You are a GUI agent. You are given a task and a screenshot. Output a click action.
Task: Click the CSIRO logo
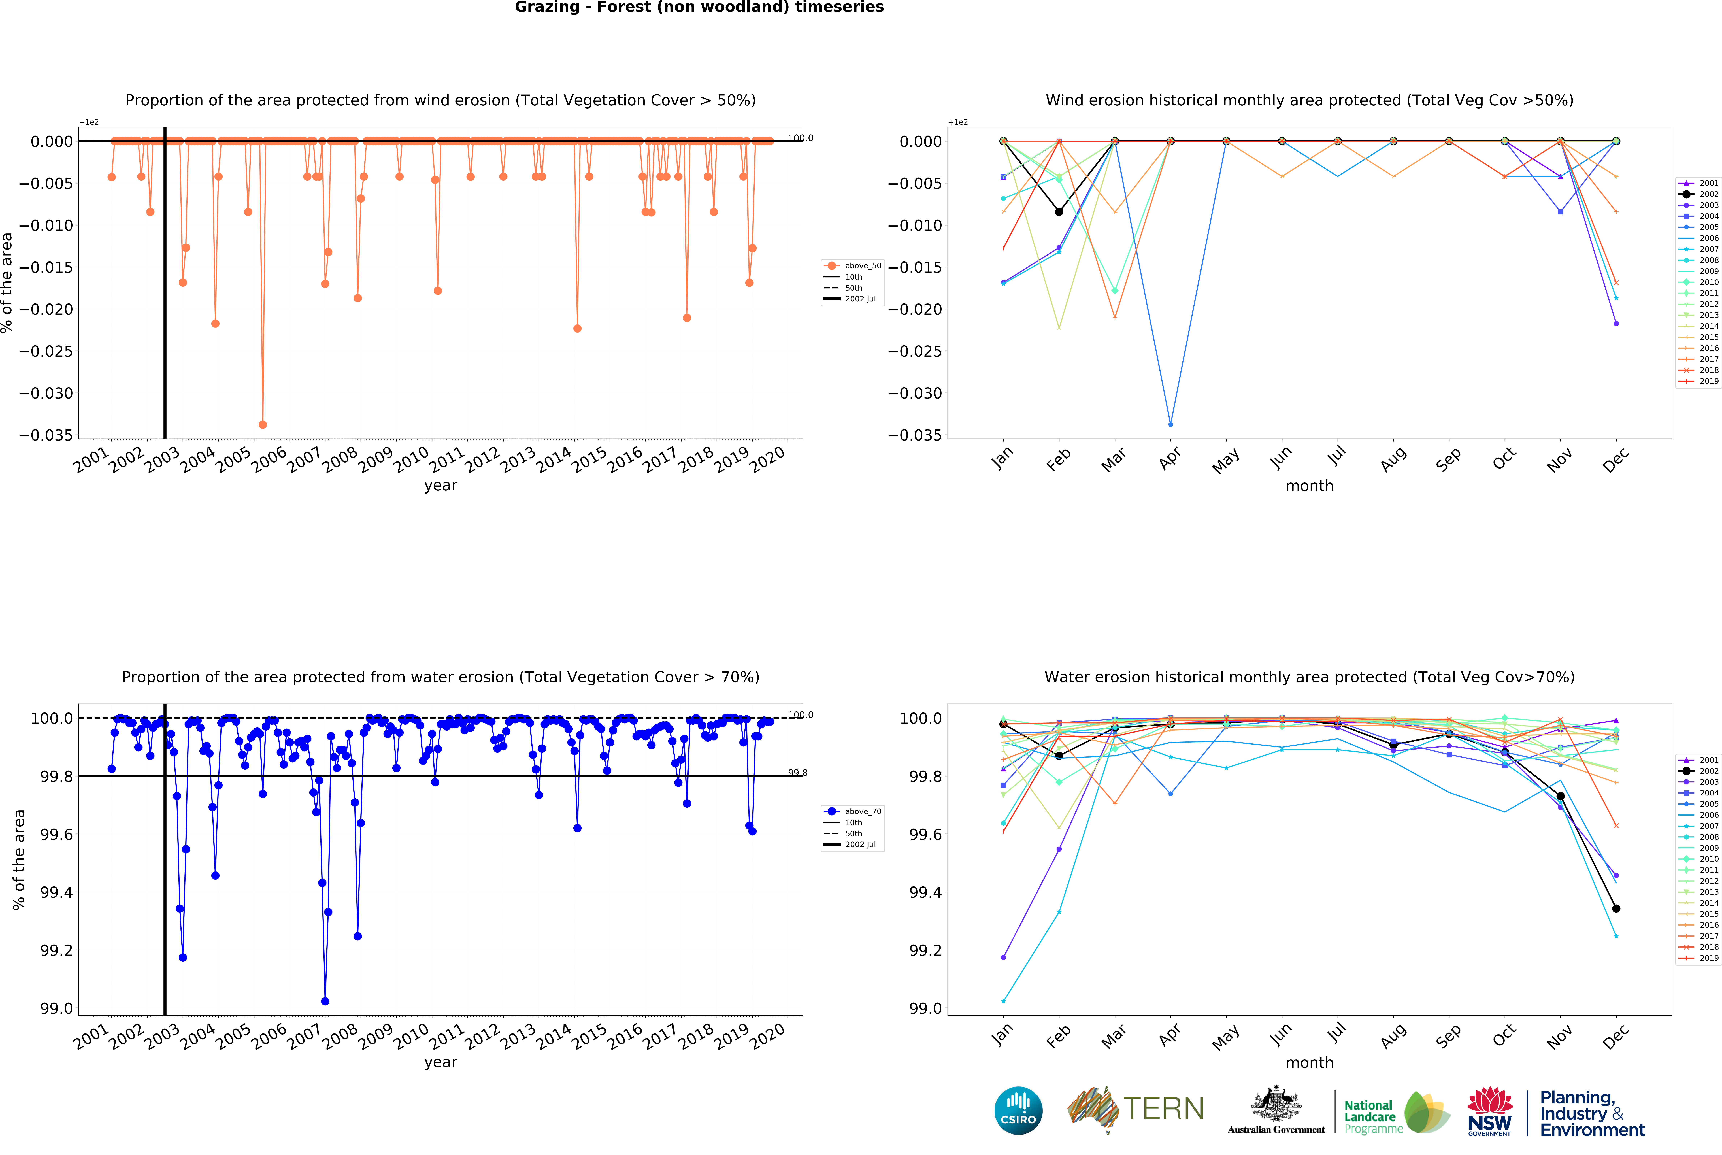pyautogui.click(x=1018, y=1110)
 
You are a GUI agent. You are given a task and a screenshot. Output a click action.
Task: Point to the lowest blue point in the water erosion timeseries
pyautogui.click(x=325, y=1001)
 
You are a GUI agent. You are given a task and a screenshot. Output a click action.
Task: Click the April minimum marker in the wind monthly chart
pyautogui.click(x=1170, y=424)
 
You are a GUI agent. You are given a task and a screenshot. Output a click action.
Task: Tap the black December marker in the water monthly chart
pyautogui.click(x=1616, y=908)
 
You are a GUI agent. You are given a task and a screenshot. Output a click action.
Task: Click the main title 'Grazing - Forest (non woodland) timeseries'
pyautogui.click(x=699, y=7)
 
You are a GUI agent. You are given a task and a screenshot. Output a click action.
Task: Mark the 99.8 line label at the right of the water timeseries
pyautogui.click(x=797, y=773)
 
